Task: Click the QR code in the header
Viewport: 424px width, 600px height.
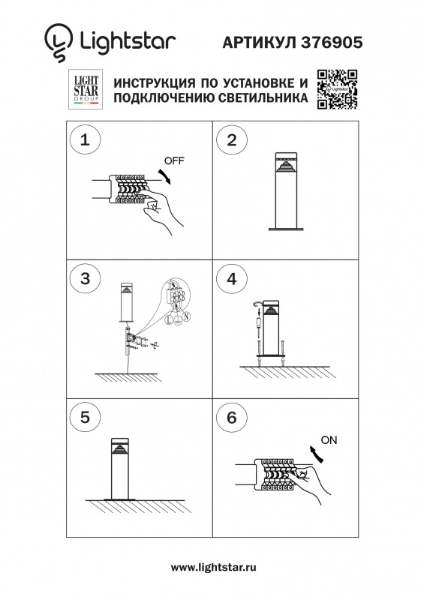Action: pos(337,89)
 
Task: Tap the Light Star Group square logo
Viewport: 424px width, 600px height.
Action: pos(86,89)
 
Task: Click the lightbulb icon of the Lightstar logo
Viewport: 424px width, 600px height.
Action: pos(59,43)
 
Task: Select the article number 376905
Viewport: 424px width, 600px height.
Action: pos(332,43)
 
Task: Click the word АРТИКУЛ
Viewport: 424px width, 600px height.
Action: pos(260,43)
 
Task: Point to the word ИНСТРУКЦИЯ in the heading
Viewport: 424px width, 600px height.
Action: pos(153,83)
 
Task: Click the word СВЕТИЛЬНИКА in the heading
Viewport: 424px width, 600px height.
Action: pos(263,97)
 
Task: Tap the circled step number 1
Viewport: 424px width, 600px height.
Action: pos(85,139)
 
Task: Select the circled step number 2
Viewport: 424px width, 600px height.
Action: pos(232,140)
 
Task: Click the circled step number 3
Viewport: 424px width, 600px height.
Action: pos(85,278)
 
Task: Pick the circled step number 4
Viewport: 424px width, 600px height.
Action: pos(232,278)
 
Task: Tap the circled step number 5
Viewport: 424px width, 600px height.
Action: pos(85,417)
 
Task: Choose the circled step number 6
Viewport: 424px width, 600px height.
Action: pos(232,418)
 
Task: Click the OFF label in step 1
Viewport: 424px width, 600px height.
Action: pos(174,160)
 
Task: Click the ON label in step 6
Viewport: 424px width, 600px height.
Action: pos(329,440)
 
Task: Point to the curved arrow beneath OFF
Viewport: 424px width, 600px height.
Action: pos(165,175)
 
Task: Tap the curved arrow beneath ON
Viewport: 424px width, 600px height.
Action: pos(317,453)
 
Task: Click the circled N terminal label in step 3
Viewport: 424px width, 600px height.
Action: pos(186,316)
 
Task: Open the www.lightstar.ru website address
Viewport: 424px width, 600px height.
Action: pos(213,567)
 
